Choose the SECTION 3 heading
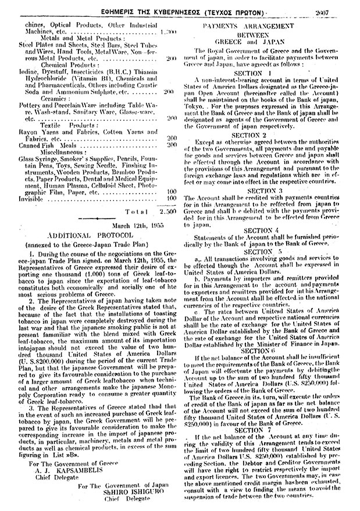pos(265,190)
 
